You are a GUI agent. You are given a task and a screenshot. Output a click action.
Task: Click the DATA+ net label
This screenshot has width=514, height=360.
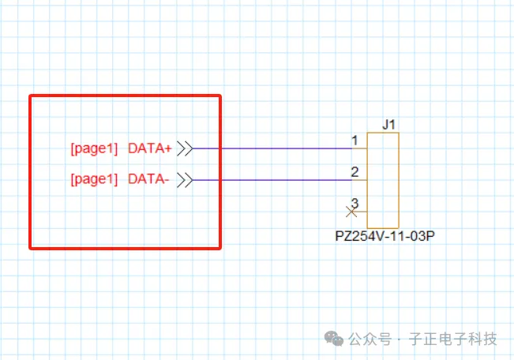(150, 148)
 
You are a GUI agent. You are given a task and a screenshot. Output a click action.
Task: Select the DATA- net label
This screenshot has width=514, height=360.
(148, 179)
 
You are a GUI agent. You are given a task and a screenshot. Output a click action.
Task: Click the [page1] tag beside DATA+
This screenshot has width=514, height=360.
(94, 148)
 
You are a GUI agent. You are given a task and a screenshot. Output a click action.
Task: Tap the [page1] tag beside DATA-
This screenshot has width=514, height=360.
(94, 179)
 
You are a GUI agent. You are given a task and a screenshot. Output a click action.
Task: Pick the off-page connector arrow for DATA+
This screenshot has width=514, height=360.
(185, 148)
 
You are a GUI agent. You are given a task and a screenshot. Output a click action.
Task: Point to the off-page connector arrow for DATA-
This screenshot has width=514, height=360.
(185, 180)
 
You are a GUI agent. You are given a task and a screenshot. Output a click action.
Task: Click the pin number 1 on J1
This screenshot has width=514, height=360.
(355, 140)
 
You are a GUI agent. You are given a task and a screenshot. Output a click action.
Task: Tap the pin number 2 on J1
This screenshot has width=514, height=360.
(355, 171)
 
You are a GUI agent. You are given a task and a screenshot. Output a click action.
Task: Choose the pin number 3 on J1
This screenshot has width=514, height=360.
(355, 203)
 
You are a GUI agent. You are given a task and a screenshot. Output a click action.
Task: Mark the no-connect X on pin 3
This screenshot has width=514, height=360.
(352, 212)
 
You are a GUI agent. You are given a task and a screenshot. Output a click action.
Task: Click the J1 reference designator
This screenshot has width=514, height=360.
(388, 124)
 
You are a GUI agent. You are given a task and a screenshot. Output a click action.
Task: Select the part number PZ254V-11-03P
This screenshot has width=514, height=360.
(386, 236)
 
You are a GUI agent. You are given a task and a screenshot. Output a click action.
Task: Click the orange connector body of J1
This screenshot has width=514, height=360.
(383, 180)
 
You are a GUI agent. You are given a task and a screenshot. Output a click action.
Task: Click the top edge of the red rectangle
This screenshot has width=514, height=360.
(125, 96)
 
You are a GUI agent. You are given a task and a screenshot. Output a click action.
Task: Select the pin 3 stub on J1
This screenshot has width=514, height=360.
(361, 212)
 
